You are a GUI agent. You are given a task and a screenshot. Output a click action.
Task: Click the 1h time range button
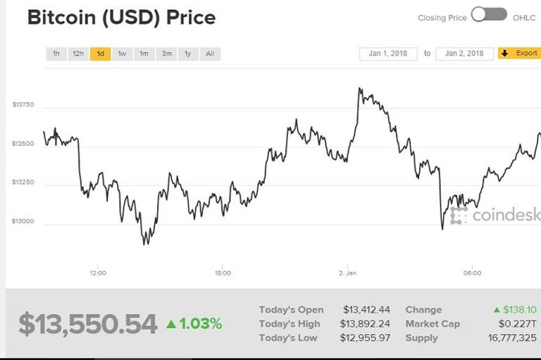(x=56, y=54)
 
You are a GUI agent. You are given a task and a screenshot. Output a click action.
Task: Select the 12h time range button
(x=78, y=54)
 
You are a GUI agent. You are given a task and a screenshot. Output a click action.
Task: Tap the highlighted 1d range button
(x=101, y=54)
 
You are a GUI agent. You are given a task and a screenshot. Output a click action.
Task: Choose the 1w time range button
(x=122, y=54)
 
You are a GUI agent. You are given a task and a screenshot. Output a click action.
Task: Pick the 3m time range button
(x=166, y=54)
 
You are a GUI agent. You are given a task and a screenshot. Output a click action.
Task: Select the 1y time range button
(x=188, y=54)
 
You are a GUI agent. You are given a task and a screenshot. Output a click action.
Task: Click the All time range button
(x=210, y=54)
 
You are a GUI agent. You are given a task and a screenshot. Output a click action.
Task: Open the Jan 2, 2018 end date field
(x=464, y=54)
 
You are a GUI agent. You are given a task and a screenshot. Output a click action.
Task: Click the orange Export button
(x=520, y=54)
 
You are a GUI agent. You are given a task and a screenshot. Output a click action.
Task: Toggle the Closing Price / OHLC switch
(x=489, y=15)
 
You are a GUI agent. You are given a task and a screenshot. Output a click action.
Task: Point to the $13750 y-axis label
(x=23, y=105)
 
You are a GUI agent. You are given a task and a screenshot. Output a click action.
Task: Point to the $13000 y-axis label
(x=23, y=221)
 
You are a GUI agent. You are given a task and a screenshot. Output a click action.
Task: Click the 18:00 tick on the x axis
(x=223, y=273)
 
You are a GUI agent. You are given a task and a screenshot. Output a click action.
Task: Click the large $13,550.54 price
(x=88, y=324)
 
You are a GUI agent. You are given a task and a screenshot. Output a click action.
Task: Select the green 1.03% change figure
(x=194, y=324)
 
